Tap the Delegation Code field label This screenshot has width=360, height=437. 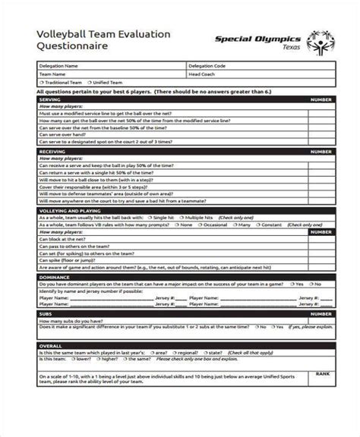click(207, 66)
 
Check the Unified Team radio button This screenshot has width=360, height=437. click(90, 83)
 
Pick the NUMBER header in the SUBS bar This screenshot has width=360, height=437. click(321, 313)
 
